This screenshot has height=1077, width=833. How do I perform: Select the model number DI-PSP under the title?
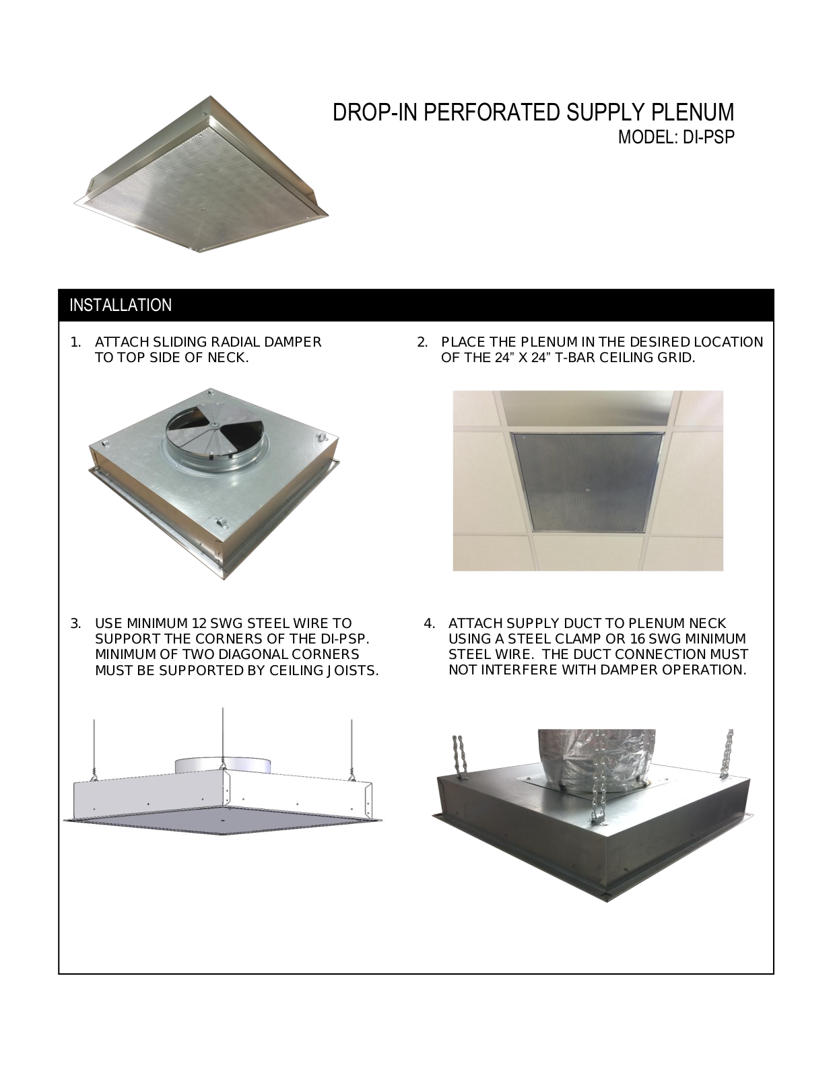coord(708,137)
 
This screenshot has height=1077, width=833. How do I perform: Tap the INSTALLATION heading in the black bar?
coord(121,306)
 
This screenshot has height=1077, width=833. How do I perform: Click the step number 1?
coord(75,343)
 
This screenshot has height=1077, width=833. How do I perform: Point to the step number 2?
coord(422,343)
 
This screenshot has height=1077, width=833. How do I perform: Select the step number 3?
coord(75,623)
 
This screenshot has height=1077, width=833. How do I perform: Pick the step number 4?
coord(430,623)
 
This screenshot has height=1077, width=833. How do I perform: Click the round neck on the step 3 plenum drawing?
coord(223,764)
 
